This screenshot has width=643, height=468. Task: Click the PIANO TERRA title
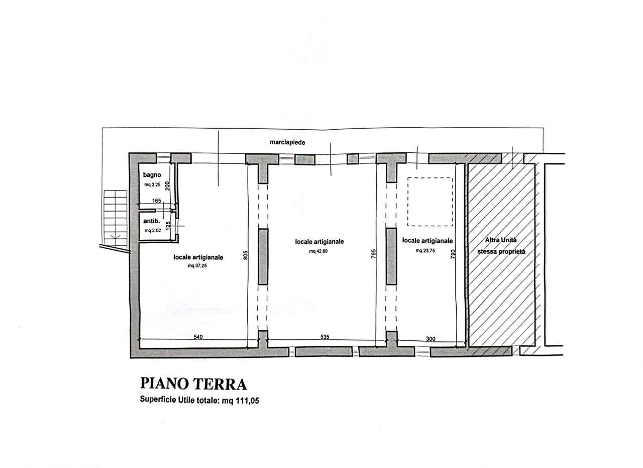tap(193, 385)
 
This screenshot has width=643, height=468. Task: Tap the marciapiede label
tap(287, 142)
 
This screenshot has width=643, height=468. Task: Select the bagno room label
tap(151, 175)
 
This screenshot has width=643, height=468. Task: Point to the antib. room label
tap(151, 221)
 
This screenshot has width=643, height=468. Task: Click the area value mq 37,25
tap(197, 266)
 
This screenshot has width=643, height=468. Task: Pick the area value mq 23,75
tap(426, 250)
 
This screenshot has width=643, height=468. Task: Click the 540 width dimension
tap(198, 337)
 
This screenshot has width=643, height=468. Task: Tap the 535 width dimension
tap(325, 337)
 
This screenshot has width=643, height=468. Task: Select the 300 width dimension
tap(431, 339)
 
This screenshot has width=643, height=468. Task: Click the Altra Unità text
tap(500, 241)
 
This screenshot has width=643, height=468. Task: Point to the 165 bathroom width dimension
tap(156, 201)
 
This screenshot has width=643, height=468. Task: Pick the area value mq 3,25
tap(152, 185)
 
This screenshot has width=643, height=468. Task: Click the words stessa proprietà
tap(501, 251)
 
